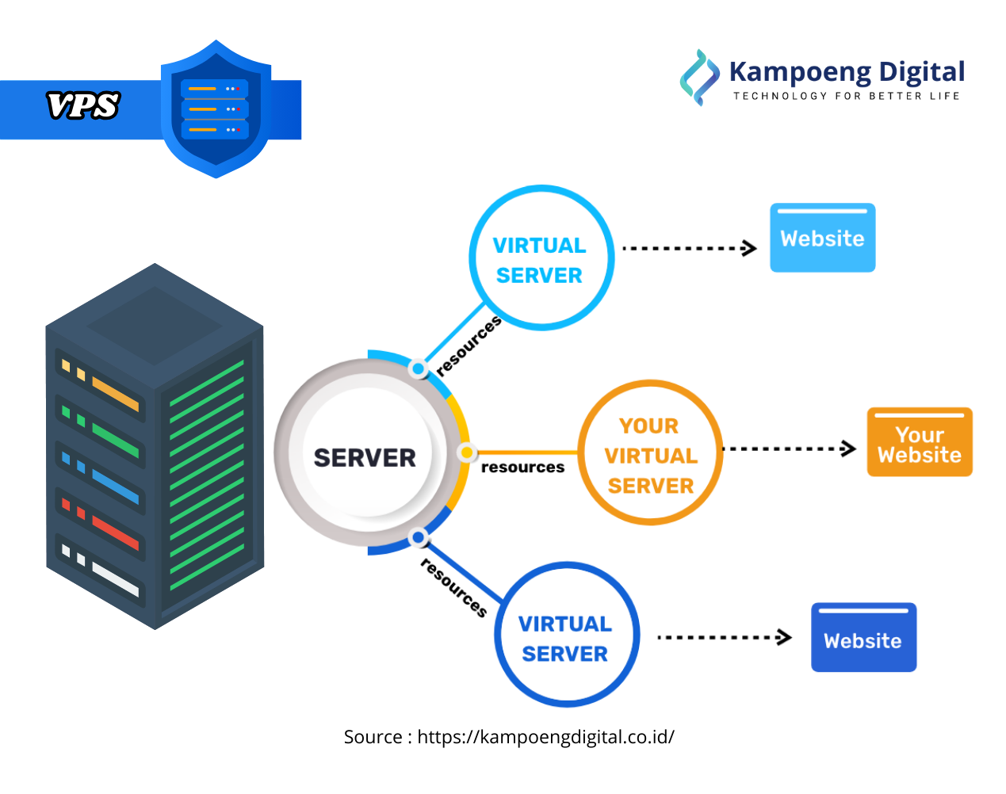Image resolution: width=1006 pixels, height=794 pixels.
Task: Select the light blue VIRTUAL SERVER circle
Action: coord(541,258)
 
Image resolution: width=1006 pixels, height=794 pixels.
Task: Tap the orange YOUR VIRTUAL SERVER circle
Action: coord(650,453)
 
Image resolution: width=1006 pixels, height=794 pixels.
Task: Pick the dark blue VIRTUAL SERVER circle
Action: coord(566,636)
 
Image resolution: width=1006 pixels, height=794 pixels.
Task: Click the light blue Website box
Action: coord(822,238)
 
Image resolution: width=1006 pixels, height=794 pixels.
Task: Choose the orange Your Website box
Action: coord(919,442)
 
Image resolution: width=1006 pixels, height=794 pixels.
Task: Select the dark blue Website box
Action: coord(863,638)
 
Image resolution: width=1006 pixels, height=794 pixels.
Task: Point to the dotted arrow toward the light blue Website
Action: coord(688,249)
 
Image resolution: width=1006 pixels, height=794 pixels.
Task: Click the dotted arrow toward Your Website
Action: coord(789,449)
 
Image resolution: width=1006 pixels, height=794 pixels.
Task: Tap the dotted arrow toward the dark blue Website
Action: coord(724,638)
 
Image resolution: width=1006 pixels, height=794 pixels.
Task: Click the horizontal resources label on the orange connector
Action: coord(522,468)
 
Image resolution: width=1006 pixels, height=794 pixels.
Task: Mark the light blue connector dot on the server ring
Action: coord(418,369)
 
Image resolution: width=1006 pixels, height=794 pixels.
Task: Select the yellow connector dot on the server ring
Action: coord(467,452)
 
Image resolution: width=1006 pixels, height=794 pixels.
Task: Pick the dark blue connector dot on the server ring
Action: coord(418,538)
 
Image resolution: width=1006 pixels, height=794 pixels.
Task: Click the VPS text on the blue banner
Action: coord(82,105)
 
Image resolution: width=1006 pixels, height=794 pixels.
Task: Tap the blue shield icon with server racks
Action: coord(216,109)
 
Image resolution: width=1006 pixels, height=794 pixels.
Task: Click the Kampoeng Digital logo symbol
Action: coord(698,78)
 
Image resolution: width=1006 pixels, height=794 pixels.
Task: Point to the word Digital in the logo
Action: coord(921,72)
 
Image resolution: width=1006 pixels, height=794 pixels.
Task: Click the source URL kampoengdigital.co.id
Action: coord(545,737)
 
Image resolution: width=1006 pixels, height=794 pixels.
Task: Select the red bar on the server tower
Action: coord(116,532)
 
